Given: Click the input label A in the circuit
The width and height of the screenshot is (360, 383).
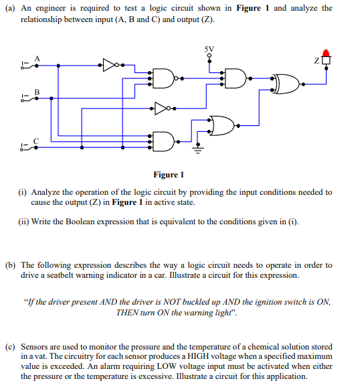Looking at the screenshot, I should (x=37, y=58).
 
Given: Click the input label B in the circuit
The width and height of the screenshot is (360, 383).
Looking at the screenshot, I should (x=37, y=92).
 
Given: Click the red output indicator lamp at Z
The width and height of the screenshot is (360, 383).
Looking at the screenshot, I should (x=327, y=53).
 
